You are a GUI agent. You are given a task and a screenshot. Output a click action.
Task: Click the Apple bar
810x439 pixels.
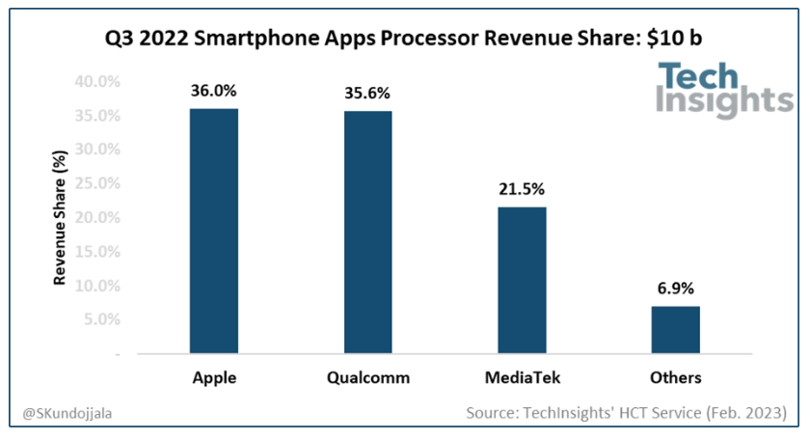(x=214, y=232)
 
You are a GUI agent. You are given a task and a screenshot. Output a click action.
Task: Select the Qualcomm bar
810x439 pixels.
(x=367, y=233)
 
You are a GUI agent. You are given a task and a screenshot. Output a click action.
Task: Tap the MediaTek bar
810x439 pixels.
(x=522, y=281)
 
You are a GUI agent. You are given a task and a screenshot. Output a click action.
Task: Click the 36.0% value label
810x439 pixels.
(x=214, y=92)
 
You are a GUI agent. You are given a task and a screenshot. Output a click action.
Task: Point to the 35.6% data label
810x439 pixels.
(x=367, y=95)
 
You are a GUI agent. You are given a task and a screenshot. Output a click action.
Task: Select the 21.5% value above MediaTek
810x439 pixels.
(x=522, y=190)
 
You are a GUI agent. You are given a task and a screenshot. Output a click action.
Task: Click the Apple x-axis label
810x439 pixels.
(x=214, y=377)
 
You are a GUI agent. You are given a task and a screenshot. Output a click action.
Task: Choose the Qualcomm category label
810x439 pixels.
(x=367, y=377)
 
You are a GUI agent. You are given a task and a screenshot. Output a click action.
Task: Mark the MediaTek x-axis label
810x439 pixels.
(x=522, y=377)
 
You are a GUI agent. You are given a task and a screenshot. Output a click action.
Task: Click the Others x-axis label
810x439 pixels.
(x=675, y=377)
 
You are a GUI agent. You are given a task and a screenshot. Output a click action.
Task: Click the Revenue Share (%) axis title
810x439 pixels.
(x=60, y=219)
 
